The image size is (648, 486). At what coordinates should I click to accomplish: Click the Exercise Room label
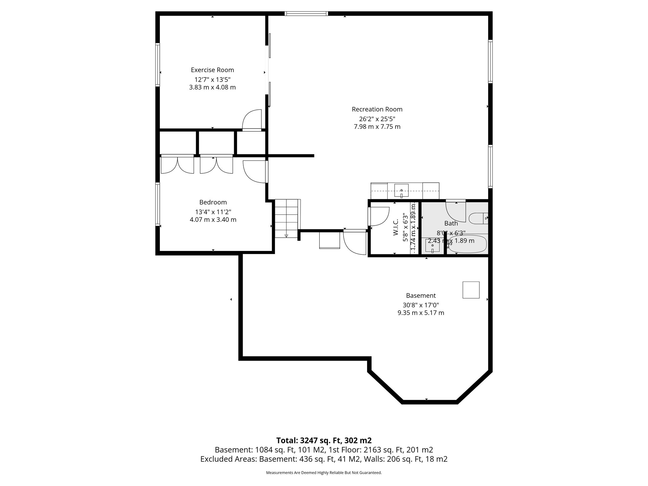(212, 70)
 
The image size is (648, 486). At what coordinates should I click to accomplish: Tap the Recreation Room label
(377, 109)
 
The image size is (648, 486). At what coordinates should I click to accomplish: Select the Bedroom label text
(213, 202)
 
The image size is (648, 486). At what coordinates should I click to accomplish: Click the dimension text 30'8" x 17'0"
(421, 305)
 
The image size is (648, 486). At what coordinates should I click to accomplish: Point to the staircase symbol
(287, 218)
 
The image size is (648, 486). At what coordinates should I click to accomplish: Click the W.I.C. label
(396, 228)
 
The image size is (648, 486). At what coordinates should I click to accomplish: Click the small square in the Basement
(471, 290)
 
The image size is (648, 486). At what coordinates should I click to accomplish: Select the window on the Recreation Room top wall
(306, 14)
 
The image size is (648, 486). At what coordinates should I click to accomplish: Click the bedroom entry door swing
(255, 171)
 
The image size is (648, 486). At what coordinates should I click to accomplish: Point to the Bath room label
(451, 223)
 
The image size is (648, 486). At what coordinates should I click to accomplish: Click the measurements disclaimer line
(324, 473)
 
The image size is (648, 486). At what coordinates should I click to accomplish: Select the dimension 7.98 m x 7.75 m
(377, 127)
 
